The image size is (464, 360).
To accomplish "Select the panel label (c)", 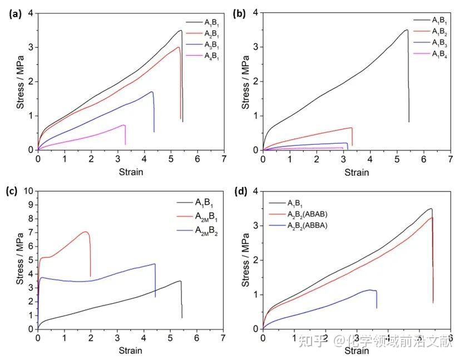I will click(x=12, y=191).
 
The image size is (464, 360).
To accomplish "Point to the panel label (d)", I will click(x=240, y=191).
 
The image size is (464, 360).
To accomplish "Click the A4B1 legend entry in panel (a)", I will click(x=211, y=56).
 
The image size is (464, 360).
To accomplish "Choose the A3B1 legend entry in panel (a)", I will click(x=211, y=45).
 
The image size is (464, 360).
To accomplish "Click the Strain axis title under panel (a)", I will click(x=131, y=171).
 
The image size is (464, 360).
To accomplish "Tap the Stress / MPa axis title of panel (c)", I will click(x=20, y=260).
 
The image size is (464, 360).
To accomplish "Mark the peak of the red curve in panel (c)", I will click(x=86, y=231).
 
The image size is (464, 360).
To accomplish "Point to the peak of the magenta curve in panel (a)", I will click(x=124, y=125).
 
